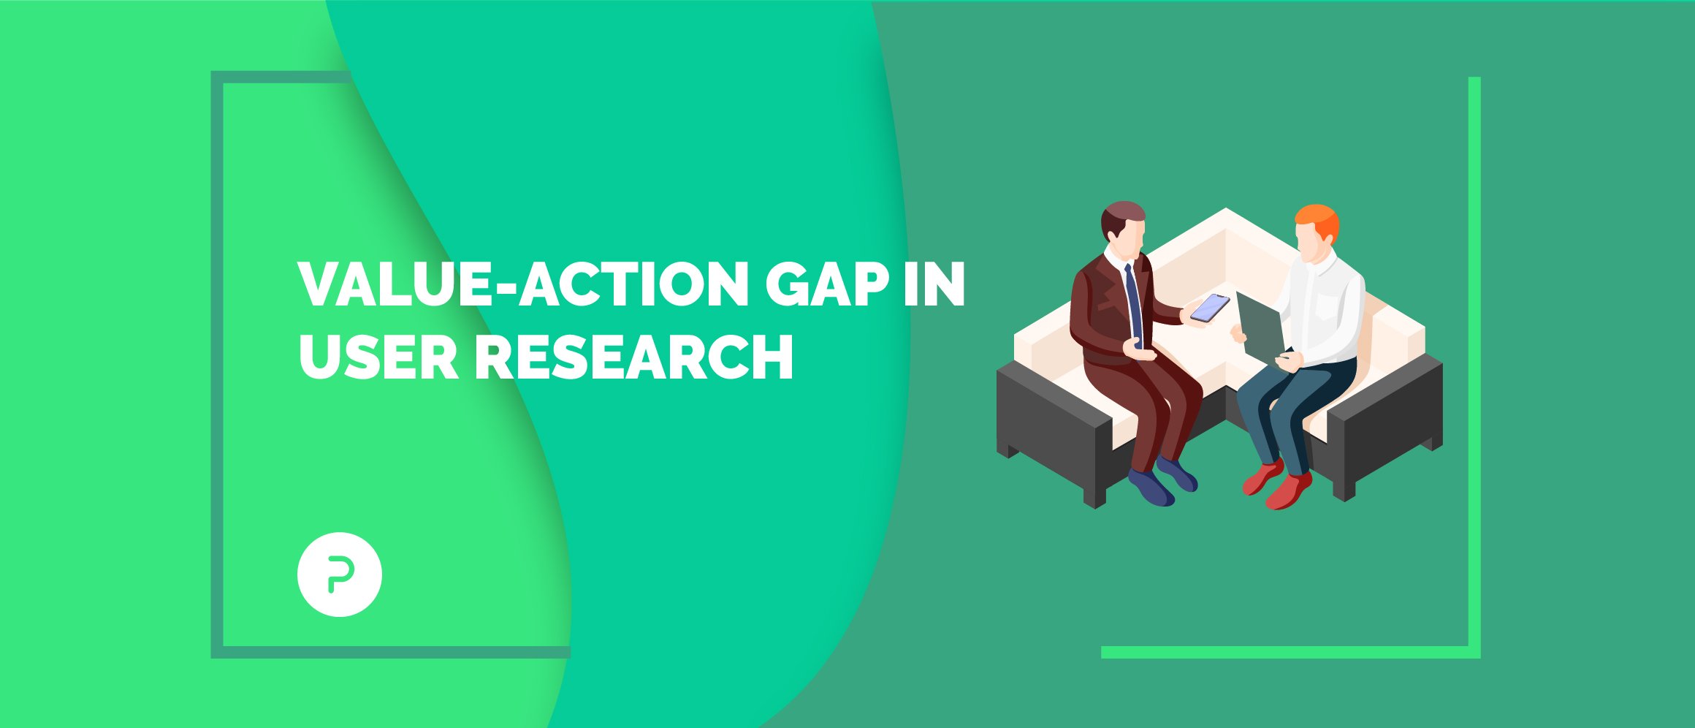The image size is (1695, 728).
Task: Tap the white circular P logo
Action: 340,574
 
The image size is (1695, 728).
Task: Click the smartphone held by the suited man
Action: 1209,308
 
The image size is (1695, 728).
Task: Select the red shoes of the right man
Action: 1277,485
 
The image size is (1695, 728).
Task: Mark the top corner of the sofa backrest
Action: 1226,209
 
